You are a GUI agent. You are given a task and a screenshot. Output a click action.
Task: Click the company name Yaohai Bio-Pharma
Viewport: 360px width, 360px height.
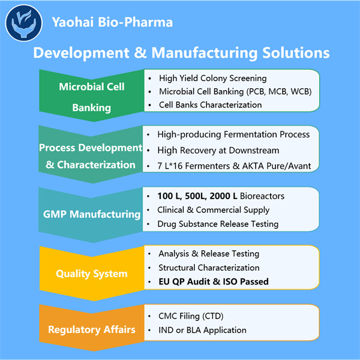pos(113,23)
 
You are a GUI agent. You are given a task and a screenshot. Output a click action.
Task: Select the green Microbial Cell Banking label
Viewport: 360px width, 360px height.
pos(92,97)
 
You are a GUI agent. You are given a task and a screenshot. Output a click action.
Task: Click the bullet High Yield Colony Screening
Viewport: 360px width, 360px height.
pos(212,78)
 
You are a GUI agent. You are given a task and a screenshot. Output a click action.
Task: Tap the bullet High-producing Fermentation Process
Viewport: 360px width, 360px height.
pos(233,134)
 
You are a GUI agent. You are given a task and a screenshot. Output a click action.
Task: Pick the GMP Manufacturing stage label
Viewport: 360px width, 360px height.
pos(91,214)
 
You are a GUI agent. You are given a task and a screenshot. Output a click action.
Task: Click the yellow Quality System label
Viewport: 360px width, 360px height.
pos(91,274)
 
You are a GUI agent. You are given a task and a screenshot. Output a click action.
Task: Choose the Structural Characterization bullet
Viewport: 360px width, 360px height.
pos(209,268)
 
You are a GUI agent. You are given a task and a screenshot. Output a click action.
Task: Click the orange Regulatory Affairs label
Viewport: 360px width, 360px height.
pos(91,329)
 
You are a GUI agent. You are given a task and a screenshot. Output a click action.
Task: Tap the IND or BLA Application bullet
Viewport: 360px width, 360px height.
pos(202,330)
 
